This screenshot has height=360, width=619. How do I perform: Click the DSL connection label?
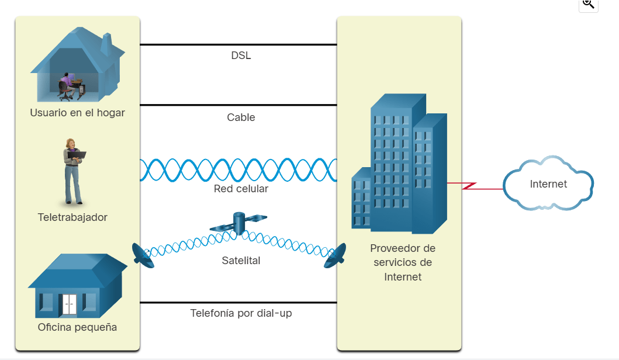tap(241, 56)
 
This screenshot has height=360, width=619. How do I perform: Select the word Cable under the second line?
tap(241, 117)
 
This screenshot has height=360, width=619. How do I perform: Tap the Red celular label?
tap(241, 189)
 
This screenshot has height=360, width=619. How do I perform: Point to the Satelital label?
tap(241, 261)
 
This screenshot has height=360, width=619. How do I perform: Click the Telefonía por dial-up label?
tap(241, 313)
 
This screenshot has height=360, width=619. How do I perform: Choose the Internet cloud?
tap(548, 185)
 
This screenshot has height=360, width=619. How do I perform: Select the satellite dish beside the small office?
tap(143, 255)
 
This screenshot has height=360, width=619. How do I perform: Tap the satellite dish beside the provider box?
tap(336, 256)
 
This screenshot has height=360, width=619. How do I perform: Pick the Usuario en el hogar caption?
tap(77, 113)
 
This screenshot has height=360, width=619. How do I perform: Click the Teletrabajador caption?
tap(72, 217)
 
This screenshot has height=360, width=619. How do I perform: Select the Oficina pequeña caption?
tap(77, 327)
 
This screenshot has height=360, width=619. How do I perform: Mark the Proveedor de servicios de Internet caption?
tap(403, 262)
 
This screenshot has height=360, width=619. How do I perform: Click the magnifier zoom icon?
tap(588, 4)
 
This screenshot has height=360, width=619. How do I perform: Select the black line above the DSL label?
tap(238, 44)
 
